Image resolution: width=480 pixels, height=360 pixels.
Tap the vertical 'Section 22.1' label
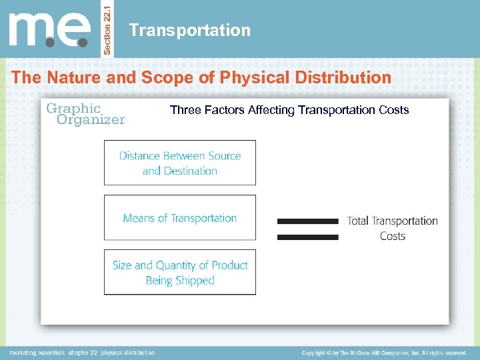110,29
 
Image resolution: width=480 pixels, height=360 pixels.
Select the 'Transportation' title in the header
190,30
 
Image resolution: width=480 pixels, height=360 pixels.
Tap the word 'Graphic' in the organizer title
73,108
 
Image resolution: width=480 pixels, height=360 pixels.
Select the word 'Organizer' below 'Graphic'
91,120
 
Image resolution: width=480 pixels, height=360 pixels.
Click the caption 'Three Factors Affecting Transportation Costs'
289,110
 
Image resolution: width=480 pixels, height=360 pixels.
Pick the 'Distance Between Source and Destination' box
179,163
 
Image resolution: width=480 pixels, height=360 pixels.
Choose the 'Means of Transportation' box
179,218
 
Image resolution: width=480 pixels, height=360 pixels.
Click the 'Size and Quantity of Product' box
179,272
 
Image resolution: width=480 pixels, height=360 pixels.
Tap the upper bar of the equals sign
307,221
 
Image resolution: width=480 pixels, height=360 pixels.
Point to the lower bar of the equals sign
307,237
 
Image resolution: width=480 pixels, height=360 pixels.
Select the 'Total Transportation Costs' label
392,228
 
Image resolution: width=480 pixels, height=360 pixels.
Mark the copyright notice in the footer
383,353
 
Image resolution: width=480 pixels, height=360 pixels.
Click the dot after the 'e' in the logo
83,42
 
